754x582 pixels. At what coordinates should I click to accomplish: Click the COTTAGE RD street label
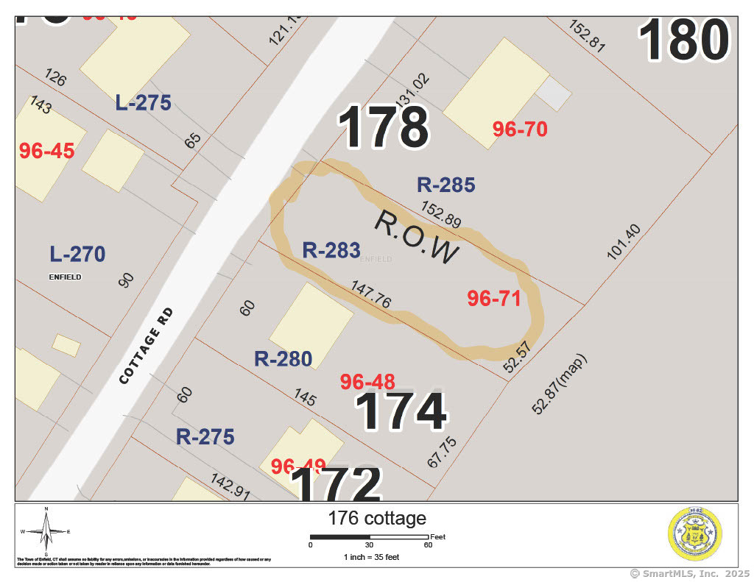pyautogui.click(x=148, y=344)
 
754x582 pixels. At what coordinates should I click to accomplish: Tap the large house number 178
pyautogui.click(x=384, y=127)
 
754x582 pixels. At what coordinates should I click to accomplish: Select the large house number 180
pyautogui.click(x=684, y=40)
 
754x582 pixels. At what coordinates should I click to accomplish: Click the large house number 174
pyautogui.click(x=402, y=412)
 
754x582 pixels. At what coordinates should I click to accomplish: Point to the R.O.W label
pyautogui.click(x=417, y=238)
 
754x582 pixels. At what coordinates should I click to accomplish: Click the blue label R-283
pyautogui.click(x=331, y=250)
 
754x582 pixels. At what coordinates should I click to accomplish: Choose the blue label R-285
pyautogui.click(x=445, y=185)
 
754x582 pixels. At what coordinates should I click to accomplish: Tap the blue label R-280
pyautogui.click(x=283, y=359)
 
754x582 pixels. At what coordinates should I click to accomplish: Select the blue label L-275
pyautogui.click(x=143, y=103)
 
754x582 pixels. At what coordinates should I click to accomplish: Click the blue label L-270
pyautogui.click(x=77, y=255)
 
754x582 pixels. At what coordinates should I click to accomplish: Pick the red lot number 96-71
pyautogui.click(x=494, y=299)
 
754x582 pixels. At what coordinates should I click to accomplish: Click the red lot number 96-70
pyautogui.click(x=520, y=129)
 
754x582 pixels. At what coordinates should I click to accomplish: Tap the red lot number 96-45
pyautogui.click(x=47, y=151)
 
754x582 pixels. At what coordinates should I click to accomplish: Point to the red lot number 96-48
pyautogui.click(x=367, y=382)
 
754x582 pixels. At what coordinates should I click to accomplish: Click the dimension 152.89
pyautogui.click(x=441, y=215)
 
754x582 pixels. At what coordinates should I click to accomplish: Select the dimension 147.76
pyautogui.click(x=371, y=294)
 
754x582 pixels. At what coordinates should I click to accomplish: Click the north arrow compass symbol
pyautogui.click(x=46, y=531)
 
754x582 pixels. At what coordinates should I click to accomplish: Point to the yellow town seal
pyautogui.click(x=694, y=535)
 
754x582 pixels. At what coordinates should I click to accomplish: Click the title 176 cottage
pyautogui.click(x=377, y=518)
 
